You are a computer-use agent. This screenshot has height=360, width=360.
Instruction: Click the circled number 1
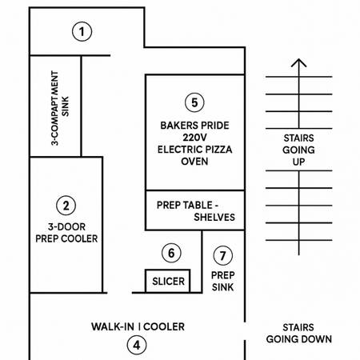82,31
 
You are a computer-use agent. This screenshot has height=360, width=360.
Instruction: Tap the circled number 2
66,206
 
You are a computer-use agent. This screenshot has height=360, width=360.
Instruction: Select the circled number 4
137,345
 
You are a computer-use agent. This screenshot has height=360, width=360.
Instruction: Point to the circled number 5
194,102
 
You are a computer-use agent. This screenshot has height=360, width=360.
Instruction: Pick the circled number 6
171,253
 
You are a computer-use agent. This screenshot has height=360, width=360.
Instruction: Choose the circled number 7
223,255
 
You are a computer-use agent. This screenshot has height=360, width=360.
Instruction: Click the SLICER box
168,281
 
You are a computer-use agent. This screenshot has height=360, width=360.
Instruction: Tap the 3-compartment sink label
60,108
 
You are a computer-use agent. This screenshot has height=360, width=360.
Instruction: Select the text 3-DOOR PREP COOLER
66,233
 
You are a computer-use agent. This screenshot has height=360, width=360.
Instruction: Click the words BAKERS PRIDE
194,126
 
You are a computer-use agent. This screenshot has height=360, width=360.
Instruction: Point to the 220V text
194,138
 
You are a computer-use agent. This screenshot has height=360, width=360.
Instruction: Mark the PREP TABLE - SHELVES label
196,211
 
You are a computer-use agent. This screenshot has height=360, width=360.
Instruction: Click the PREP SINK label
222,281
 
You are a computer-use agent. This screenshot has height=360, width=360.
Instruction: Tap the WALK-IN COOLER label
138,326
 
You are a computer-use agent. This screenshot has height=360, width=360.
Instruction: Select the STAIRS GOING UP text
298,150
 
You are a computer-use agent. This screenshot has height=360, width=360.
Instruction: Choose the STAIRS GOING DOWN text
299,334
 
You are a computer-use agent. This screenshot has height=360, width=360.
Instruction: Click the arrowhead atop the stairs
299,62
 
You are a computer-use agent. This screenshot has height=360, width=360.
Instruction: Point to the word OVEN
194,162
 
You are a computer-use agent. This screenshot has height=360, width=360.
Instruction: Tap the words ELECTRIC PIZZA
194,150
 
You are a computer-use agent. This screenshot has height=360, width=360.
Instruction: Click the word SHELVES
214,217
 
